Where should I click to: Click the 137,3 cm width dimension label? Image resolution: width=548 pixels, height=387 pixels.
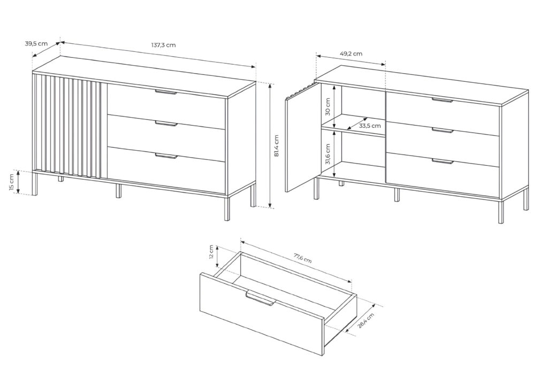[x=163, y=45]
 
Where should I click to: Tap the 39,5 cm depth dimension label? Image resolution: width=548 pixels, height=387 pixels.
[x=36, y=44]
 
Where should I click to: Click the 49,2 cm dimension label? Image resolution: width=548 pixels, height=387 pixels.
[x=351, y=53]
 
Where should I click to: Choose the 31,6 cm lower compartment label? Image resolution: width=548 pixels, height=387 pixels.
[x=328, y=153]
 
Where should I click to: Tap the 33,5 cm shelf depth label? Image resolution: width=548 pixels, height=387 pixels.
[x=370, y=126]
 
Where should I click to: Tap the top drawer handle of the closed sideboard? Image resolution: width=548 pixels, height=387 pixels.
[x=165, y=93]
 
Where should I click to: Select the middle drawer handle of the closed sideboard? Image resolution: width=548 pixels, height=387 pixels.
[x=166, y=124]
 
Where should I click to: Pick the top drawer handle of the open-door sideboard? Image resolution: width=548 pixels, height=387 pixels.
[x=442, y=100]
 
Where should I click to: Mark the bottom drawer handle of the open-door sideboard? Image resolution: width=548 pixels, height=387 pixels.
[x=443, y=161]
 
